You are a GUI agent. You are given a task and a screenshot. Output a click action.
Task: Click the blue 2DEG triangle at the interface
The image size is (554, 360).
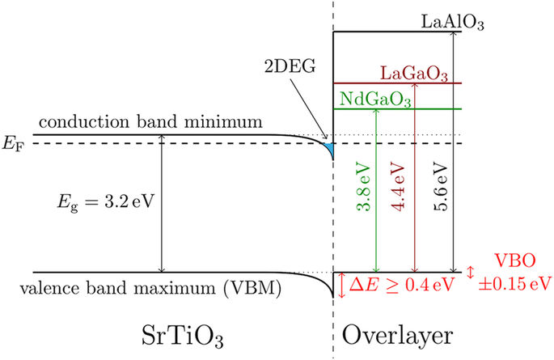pyautogui.click(x=329, y=147)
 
